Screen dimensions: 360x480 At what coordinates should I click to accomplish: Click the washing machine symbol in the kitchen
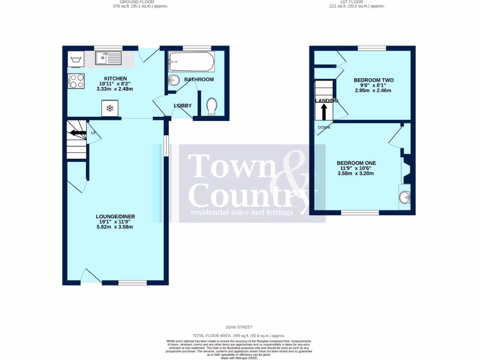point(76,59)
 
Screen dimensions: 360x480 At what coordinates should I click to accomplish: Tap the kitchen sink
point(108,58)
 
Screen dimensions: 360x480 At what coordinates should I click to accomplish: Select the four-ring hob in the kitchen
point(76,81)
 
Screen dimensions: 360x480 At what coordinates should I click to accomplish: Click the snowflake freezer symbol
point(110,108)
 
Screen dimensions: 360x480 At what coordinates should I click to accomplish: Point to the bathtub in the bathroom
point(191,61)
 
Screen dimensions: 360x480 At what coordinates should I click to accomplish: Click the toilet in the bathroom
point(211,106)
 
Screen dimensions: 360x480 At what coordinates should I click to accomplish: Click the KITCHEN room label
point(115,78)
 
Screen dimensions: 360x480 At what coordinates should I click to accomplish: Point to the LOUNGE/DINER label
point(115,217)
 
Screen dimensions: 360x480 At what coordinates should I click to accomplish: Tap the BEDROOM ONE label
point(356,163)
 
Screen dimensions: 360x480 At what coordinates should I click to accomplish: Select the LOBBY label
point(183,106)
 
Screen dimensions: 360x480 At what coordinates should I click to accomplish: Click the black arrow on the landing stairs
point(323,112)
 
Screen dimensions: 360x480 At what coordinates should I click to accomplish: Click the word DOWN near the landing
point(324,127)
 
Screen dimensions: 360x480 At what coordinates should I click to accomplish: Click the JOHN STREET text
point(240,327)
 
